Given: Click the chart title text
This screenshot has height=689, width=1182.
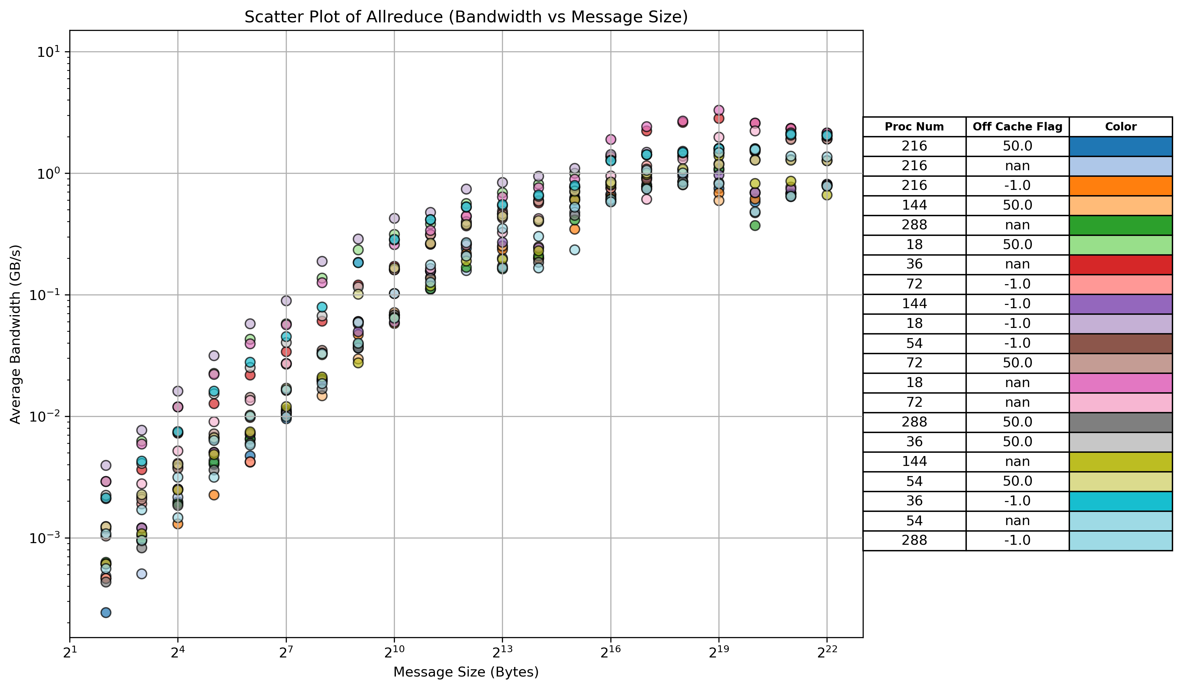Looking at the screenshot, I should (466, 17).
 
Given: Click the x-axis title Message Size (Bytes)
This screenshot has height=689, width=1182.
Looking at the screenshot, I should (466, 672).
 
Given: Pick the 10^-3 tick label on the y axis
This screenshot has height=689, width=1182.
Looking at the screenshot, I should (44, 538).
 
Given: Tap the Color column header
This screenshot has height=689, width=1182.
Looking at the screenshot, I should (1121, 126).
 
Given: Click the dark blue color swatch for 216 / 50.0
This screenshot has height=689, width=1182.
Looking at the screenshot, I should (1121, 146).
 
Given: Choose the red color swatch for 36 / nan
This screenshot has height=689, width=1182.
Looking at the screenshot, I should (1121, 264).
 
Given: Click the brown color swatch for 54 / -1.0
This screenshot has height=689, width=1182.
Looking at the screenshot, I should (1121, 343).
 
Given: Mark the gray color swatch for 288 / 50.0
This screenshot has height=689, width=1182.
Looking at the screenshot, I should (1121, 422).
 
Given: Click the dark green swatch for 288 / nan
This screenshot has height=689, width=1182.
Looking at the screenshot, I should (1121, 225).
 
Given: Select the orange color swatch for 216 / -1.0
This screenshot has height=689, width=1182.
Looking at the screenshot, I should (1121, 186).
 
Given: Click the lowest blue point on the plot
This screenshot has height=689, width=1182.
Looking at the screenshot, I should (106, 612).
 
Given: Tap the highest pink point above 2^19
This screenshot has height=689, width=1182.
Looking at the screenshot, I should (718, 110).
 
